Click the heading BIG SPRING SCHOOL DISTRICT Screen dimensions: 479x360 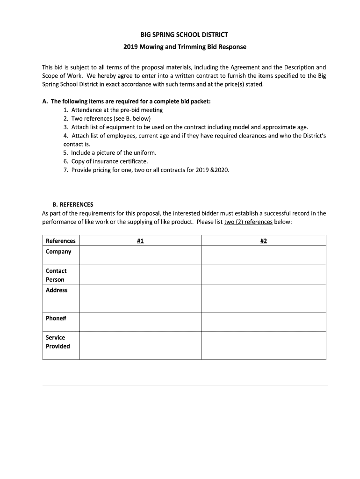click(x=184, y=35)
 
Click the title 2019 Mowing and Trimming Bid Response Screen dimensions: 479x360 click(x=184, y=47)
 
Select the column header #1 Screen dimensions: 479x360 click(x=140, y=241)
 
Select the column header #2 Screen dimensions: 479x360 click(x=263, y=241)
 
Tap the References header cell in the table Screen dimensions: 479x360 click(x=61, y=241)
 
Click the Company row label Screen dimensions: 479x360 click(x=58, y=252)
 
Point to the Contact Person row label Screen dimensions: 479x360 click(x=56, y=275)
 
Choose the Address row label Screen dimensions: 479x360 click(x=57, y=290)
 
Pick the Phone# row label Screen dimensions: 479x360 click(x=56, y=318)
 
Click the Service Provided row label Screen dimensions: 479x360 click(x=58, y=342)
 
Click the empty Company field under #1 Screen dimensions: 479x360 click(x=140, y=255)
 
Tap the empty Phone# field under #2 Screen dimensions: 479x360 click(x=263, y=322)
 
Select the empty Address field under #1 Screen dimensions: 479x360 click(x=140, y=298)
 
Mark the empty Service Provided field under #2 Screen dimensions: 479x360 click(x=263, y=346)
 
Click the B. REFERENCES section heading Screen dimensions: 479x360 click(x=73, y=204)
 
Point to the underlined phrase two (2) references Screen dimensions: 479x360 click(x=248, y=222)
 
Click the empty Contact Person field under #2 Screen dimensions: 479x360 click(x=263, y=275)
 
